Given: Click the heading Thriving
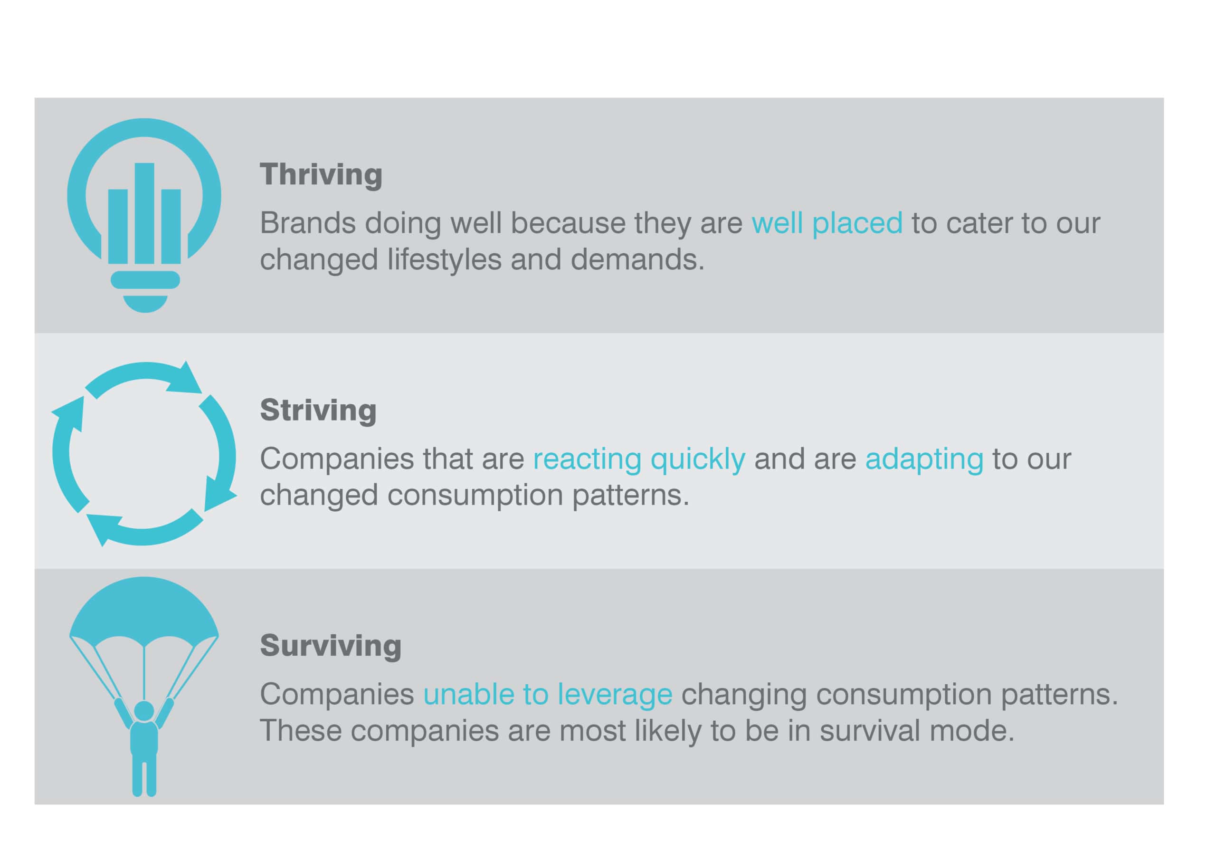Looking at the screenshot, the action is (321, 175).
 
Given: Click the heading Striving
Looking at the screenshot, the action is (318, 411).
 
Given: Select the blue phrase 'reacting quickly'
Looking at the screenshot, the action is (639, 459).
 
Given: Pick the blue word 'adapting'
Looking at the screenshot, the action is (924, 459).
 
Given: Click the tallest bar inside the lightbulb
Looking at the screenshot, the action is (144, 213).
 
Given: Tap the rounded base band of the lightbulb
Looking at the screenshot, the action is (145, 280).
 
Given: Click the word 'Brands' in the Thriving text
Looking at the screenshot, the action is (308, 223).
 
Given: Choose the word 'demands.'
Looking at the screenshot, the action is (637, 259).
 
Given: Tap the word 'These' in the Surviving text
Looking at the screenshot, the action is (300, 731).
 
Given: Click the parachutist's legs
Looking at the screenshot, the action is (144, 776).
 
